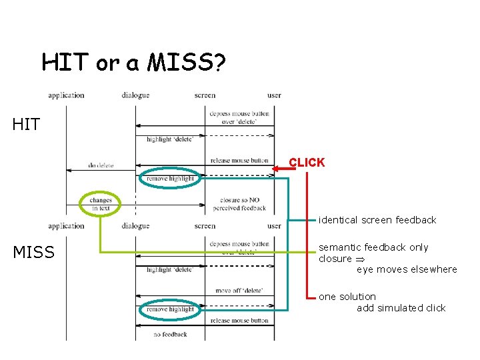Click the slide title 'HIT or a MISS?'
[x=133, y=63]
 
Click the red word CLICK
[x=307, y=162]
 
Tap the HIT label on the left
[x=26, y=124]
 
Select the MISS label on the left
[x=33, y=253]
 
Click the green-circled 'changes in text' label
[x=101, y=204]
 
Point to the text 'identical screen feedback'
[x=377, y=220]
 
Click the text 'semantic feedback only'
[x=373, y=247]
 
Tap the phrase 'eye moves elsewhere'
[x=407, y=269]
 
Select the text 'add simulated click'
[x=401, y=307]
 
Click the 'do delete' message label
[x=101, y=165]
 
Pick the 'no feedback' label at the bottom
[x=170, y=334]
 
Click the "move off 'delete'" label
[x=240, y=290]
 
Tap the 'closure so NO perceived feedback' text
[x=239, y=204]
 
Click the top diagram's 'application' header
[x=66, y=95]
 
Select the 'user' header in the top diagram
[x=274, y=95]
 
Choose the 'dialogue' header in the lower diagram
[x=135, y=226]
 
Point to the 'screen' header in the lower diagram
[x=205, y=226]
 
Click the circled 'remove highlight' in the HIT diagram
[x=170, y=179]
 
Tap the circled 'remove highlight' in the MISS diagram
[x=170, y=309]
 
